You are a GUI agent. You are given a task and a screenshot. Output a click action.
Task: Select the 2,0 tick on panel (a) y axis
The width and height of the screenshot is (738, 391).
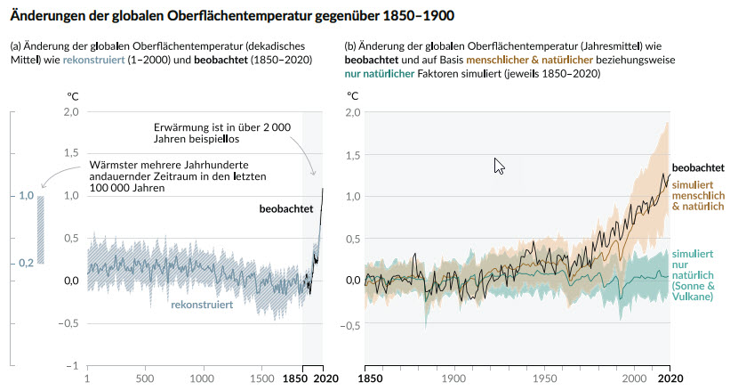[x=69, y=112]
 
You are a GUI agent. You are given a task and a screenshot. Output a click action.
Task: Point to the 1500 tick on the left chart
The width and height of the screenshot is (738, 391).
[x=261, y=378]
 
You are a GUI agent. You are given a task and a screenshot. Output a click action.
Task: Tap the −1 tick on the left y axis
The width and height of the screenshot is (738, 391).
[x=72, y=365]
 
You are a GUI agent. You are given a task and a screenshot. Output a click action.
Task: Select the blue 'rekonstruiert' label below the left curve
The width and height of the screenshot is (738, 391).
[x=203, y=305]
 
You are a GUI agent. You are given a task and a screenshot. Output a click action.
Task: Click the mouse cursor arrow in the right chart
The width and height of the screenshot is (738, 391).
[x=499, y=166]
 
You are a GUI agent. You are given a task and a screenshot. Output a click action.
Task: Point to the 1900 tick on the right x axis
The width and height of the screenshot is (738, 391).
[x=453, y=378]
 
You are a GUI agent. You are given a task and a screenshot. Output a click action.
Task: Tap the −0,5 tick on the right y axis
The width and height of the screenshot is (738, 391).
[x=349, y=324]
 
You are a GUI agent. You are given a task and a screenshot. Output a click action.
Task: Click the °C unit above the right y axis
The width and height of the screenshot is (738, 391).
[x=353, y=94]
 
